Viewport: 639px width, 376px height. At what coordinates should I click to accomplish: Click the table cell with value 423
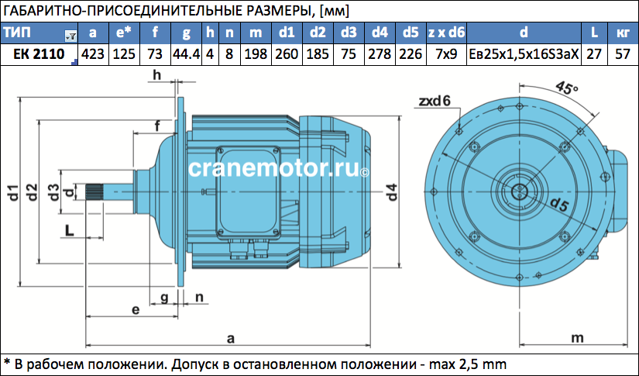(93, 54)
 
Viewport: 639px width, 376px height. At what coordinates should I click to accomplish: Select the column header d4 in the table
(380, 33)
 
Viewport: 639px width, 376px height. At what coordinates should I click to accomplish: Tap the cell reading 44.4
(186, 54)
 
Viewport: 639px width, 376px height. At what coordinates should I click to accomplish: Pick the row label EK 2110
(40, 54)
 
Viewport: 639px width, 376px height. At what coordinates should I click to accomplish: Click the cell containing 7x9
(446, 54)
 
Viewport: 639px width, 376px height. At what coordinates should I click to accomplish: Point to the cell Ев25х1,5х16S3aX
(524, 54)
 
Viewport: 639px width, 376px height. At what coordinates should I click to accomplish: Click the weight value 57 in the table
(623, 54)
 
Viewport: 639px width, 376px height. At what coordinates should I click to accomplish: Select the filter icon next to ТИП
(70, 36)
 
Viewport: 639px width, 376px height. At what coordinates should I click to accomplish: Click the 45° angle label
(566, 88)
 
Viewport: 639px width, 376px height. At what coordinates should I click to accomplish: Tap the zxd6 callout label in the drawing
(435, 101)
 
